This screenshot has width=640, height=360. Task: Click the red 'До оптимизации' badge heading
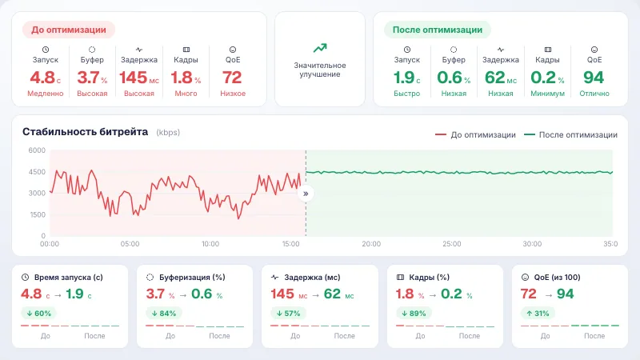[x=69, y=30]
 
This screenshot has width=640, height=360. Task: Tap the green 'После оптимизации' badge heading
[x=437, y=30]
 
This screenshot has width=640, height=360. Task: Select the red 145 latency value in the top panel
[x=133, y=78]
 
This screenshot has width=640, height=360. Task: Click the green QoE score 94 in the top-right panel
[x=594, y=78]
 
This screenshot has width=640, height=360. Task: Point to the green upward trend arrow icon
[x=320, y=48]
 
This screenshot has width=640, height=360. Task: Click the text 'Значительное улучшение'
[x=320, y=70]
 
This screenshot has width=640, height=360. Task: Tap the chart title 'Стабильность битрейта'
[x=85, y=132]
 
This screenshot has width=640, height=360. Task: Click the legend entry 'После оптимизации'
[x=570, y=134]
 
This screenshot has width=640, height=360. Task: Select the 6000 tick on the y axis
[x=37, y=150]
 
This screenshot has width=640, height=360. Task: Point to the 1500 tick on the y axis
[x=38, y=214]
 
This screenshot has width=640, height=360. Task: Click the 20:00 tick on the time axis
[x=371, y=244]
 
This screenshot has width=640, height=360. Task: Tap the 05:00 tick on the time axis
[x=130, y=244]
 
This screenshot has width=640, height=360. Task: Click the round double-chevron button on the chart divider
[x=306, y=194]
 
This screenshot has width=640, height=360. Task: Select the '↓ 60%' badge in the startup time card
[x=38, y=314]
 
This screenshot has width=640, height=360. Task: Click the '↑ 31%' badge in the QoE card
[x=538, y=314]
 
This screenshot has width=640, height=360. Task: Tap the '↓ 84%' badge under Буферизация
[x=164, y=314]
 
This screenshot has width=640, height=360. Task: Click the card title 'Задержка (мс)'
[x=312, y=278]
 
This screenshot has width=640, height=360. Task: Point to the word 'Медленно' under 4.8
[x=46, y=94]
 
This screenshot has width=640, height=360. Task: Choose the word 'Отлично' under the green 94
[x=594, y=94]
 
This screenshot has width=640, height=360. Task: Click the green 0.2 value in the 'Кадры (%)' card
[x=451, y=294]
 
